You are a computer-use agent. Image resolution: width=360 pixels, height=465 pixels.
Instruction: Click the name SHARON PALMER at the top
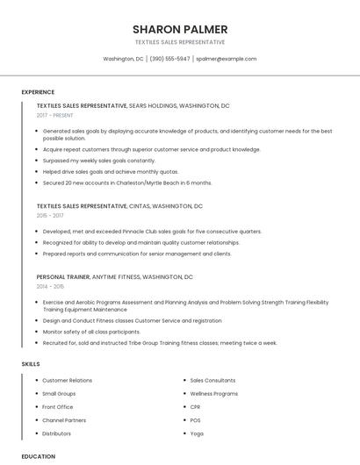point(180,29)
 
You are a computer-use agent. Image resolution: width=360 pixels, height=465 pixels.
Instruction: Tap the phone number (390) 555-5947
point(169,59)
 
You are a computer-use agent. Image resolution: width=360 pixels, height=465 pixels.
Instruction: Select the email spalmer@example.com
point(227,59)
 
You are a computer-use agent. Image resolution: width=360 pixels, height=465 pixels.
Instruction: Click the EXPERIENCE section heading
point(38,92)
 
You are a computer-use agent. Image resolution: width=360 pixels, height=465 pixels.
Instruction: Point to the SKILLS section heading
point(31,363)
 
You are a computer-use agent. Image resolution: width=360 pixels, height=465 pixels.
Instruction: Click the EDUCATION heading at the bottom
point(38,456)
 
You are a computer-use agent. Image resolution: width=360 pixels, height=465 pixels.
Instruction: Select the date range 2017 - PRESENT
point(56,115)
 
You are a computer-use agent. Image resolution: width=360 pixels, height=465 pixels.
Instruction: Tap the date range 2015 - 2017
point(50,215)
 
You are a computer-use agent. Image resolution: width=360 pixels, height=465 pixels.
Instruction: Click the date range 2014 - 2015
point(50,286)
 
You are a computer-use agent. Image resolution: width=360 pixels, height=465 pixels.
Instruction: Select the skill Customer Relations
point(67,381)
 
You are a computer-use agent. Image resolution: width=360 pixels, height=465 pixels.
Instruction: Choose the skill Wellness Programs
point(214,394)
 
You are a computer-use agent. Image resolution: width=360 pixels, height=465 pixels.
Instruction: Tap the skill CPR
point(196,407)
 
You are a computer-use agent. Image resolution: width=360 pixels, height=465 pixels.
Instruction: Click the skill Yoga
point(197,433)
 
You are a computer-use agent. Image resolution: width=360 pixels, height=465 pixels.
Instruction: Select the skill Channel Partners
point(64,420)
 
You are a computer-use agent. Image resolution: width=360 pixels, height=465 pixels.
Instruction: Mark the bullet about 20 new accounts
point(127,182)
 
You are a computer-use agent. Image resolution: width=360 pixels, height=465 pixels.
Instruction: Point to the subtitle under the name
point(180,42)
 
